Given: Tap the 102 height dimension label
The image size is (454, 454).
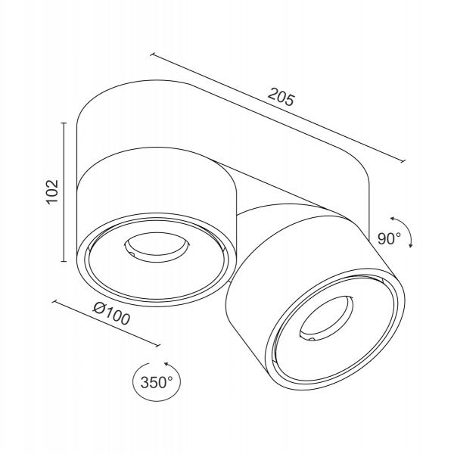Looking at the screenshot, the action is (52, 192).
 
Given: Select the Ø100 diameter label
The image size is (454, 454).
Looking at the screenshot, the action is (111, 313).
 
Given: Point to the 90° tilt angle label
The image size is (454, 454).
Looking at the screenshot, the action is (389, 239).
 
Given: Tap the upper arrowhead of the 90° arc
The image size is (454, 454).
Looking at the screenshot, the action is (393, 219).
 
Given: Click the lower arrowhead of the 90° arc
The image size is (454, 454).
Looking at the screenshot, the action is (410, 245).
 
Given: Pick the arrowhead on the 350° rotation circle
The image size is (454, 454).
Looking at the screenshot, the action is (166, 364).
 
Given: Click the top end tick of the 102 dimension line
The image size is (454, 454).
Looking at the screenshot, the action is (64, 123).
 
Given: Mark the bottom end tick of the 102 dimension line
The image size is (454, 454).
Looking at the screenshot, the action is (64, 261).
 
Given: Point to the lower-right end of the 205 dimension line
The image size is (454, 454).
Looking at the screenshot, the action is (403, 161).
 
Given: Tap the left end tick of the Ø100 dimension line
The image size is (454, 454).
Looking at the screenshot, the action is (54, 301).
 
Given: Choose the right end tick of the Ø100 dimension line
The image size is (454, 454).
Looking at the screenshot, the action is (158, 345).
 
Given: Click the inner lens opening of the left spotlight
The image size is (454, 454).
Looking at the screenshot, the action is (157, 247).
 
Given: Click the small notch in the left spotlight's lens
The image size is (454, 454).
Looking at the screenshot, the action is (132, 253).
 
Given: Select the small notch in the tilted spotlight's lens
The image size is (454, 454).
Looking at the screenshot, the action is (312, 337).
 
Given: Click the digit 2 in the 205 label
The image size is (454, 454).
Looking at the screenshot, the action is (272, 94).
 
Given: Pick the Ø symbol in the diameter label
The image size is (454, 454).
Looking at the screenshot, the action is (98, 309).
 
